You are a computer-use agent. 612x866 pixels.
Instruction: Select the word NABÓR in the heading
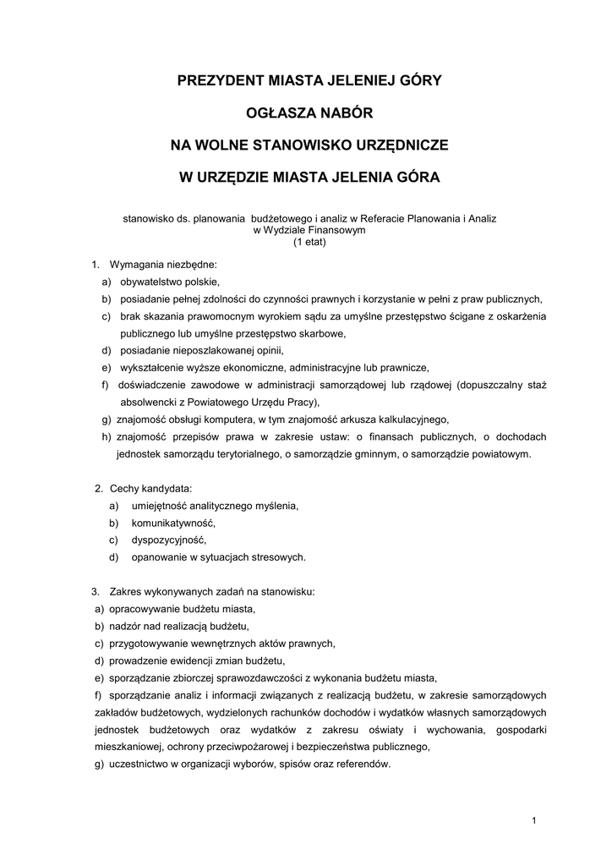(x=343, y=113)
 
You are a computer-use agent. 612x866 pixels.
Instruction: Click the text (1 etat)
(x=309, y=242)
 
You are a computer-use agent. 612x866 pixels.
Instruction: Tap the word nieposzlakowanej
(x=216, y=350)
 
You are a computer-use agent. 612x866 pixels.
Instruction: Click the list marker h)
(x=107, y=436)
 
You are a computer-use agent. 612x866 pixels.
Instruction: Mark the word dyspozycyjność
(x=168, y=540)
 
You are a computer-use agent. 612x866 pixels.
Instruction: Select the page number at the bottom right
(x=535, y=820)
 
